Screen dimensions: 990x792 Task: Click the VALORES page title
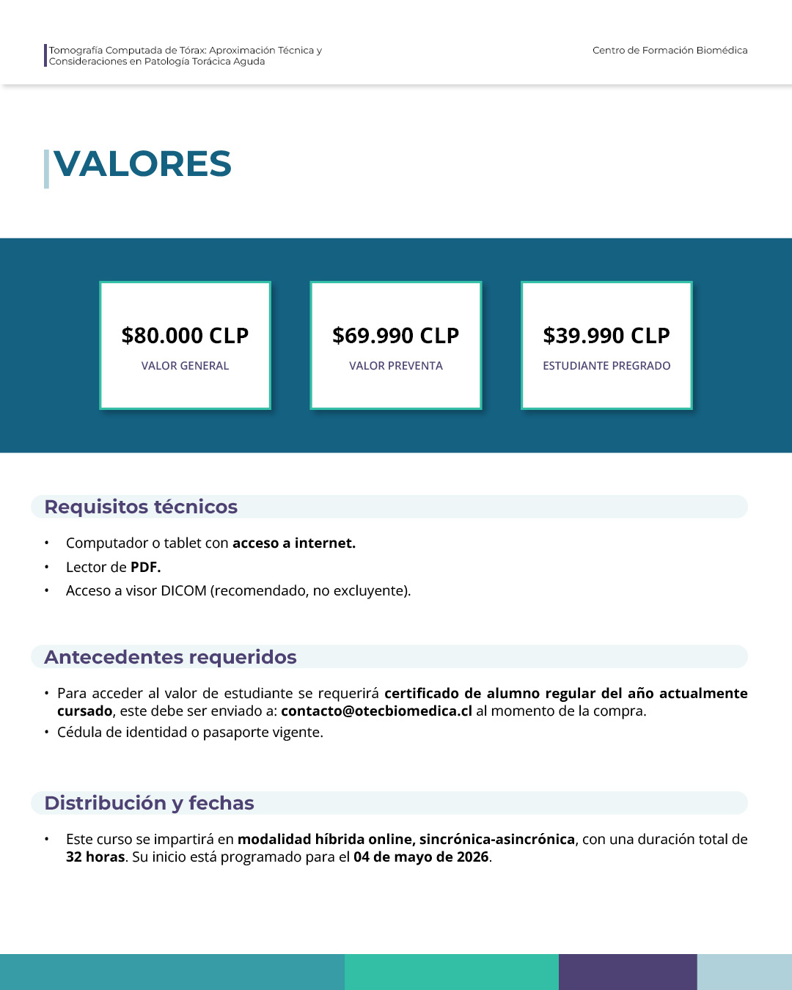(142, 164)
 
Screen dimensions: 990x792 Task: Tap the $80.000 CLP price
(185, 335)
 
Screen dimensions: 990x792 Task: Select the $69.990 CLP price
(395, 335)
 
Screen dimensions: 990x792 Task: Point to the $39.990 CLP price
(606, 335)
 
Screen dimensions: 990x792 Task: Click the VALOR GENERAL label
(185, 366)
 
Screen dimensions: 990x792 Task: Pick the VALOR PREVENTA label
(395, 366)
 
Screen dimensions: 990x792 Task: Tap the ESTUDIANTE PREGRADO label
(606, 366)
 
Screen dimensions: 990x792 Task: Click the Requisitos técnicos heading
(141, 507)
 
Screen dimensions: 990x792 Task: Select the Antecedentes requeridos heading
(170, 657)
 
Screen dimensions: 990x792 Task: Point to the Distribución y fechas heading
(149, 803)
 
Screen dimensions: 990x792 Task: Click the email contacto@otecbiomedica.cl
(376, 711)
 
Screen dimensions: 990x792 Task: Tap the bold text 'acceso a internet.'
(294, 543)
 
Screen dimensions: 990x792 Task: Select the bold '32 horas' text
(95, 857)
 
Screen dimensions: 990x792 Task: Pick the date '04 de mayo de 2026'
(421, 857)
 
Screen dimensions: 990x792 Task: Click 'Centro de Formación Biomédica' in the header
(670, 51)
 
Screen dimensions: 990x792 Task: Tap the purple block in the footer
(628, 972)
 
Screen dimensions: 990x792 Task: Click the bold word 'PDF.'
(145, 568)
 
